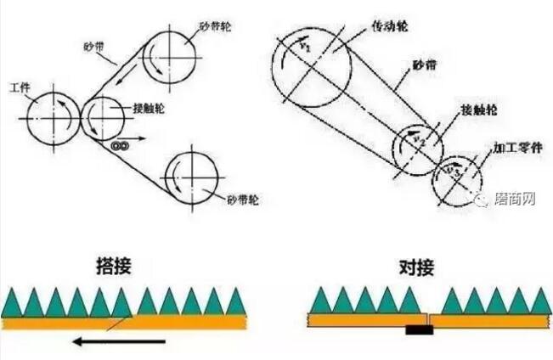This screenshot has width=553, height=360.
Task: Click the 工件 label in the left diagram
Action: (x=20, y=88)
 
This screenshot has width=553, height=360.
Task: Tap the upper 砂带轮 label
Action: (x=217, y=26)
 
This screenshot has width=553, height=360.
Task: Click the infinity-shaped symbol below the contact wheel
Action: (x=120, y=146)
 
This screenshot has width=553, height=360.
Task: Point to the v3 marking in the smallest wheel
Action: (x=458, y=173)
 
